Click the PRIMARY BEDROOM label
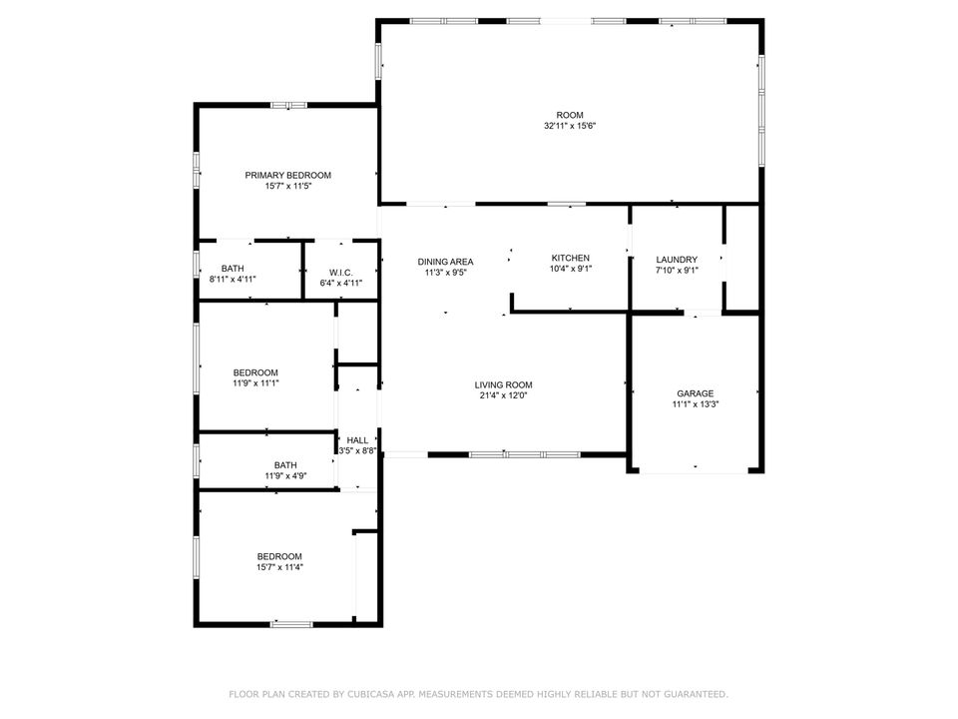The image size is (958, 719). click(287, 175)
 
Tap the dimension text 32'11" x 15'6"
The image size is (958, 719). click(570, 126)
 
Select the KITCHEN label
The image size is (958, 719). click(570, 258)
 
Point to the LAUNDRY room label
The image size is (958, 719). click(676, 259)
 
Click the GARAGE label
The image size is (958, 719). click(695, 393)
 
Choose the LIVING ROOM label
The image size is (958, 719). click(503, 384)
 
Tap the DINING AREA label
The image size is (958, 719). click(445, 262)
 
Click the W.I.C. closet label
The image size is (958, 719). click(339, 271)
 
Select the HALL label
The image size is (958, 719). click(357, 439)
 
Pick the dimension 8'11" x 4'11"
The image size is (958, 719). click(233, 282)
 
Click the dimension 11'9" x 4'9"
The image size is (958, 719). click(285, 476)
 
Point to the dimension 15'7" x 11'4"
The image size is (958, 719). click(279, 567)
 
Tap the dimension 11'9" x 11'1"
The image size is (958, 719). click(255, 383)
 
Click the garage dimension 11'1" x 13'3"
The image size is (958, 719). click(695, 404)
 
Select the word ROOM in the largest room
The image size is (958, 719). click(570, 115)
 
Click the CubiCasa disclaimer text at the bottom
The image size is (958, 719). click(479, 693)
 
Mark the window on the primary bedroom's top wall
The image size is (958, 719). click(289, 104)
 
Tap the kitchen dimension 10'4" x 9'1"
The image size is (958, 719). click(570, 269)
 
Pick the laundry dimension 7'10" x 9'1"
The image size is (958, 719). click(676, 270)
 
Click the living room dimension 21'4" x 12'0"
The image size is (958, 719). click(503, 395)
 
